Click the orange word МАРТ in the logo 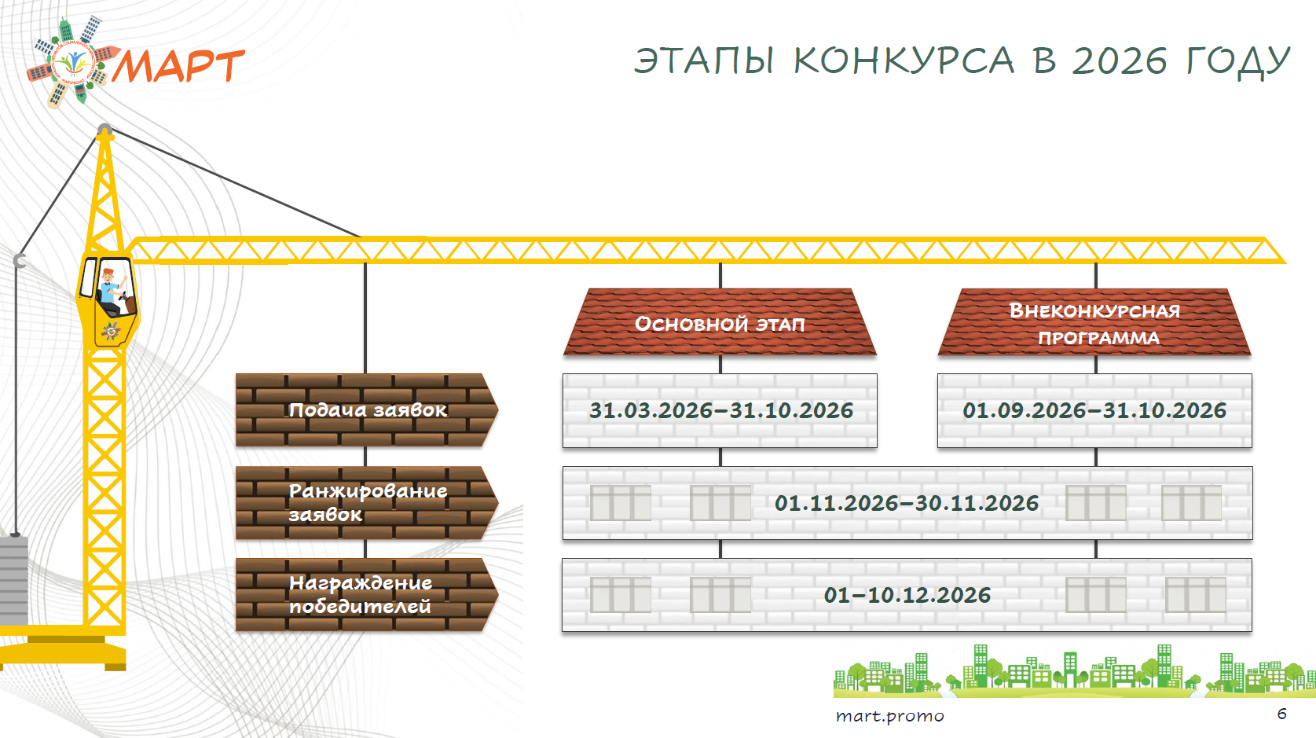pyautogui.click(x=178, y=66)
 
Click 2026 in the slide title pyautogui.click(x=1119, y=61)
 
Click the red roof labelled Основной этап pyautogui.click(x=720, y=322)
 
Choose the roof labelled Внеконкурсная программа pyautogui.click(x=1094, y=322)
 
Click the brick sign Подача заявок pyautogui.click(x=367, y=410)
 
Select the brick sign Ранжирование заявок pyautogui.click(x=367, y=503)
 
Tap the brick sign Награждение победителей pyautogui.click(x=367, y=595)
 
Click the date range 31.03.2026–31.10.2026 pyautogui.click(x=721, y=411)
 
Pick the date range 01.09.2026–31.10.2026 pyautogui.click(x=1094, y=411)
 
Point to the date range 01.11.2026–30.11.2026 pyautogui.click(x=907, y=504)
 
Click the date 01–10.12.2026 pyautogui.click(x=907, y=595)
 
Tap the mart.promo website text pyautogui.click(x=889, y=716)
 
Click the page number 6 pyautogui.click(x=1282, y=714)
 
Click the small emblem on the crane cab pyautogui.click(x=111, y=331)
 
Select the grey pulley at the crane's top pyautogui.click(x=104, y=130)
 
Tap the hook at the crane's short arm pyautogui.click(x=20, y=261)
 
